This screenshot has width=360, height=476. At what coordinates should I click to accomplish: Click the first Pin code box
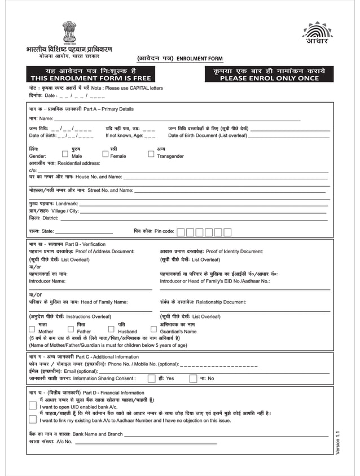180,232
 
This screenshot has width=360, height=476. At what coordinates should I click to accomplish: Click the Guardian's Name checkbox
153,328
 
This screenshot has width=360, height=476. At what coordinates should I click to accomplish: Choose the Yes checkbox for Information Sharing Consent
151,378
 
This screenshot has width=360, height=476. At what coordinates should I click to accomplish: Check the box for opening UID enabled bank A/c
33,404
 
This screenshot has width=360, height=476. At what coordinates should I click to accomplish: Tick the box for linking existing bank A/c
33,418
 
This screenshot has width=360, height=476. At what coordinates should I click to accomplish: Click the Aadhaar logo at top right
318,33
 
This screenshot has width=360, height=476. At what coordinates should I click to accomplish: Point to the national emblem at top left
69,32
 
